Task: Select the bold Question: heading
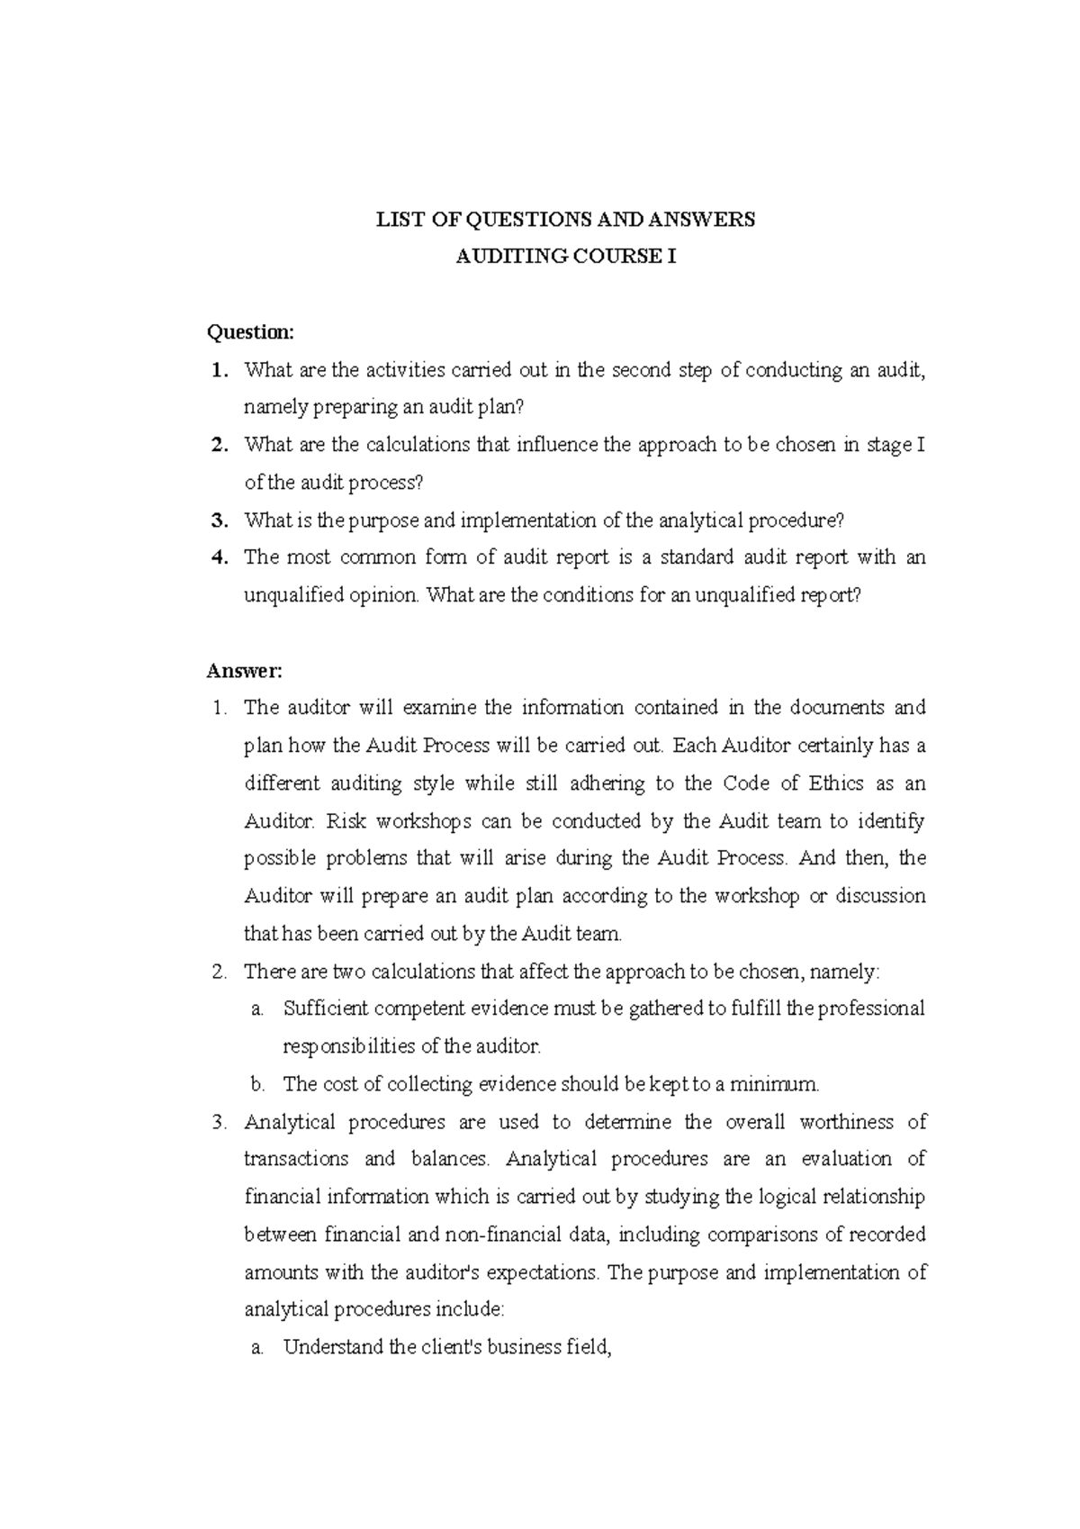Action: [250, 332]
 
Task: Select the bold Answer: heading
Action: [245, 670]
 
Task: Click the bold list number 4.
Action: [217, 557]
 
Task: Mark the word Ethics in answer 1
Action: [838, 783]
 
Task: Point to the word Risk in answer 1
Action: [346, 821]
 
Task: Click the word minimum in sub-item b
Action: [780, 1084]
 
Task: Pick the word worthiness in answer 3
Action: [845, 1122]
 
